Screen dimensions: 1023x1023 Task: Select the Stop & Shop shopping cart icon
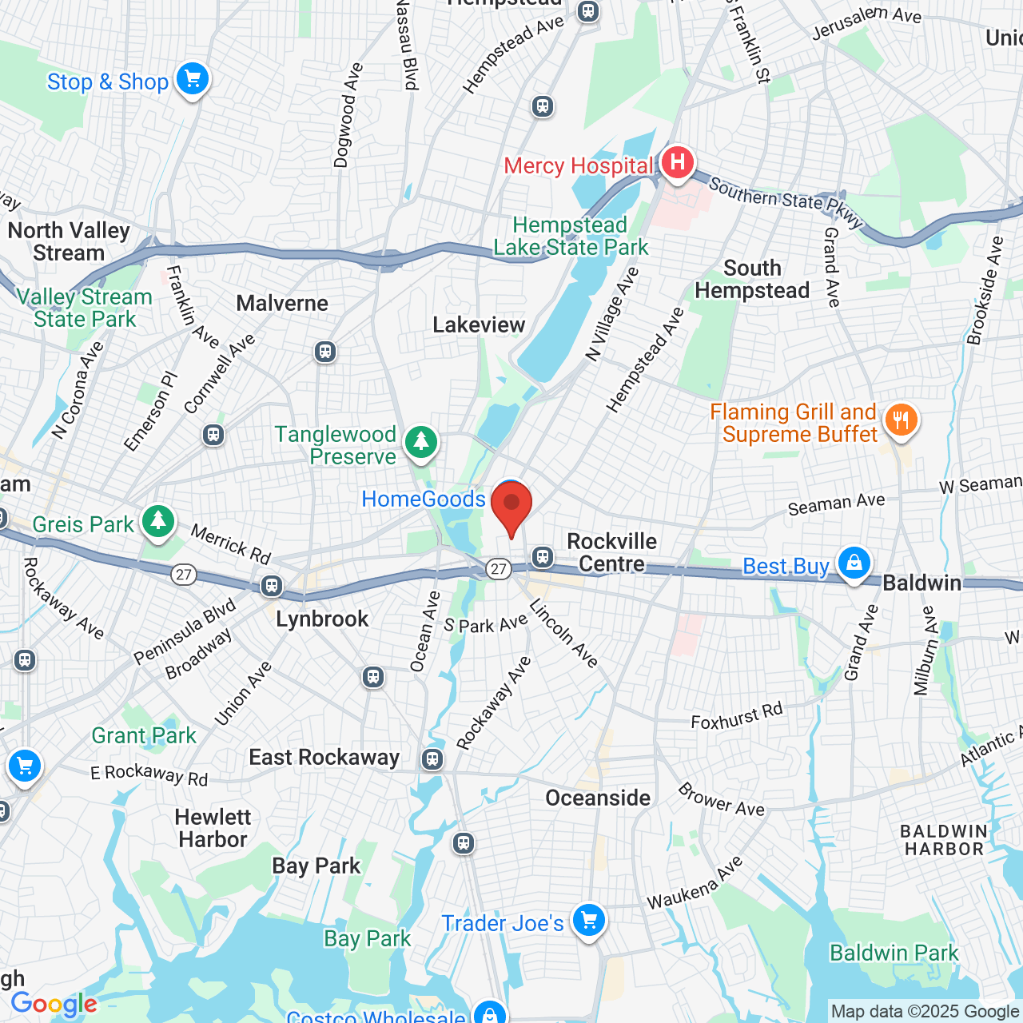192,80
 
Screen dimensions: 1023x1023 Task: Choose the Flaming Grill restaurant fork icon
901,420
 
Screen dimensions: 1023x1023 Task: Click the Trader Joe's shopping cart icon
589,921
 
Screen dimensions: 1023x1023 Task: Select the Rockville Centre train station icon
543,556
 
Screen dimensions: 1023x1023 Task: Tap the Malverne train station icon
325,352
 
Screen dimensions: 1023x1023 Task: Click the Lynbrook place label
322,619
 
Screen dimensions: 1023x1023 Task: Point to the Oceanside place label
598,798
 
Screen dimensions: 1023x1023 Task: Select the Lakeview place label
479,324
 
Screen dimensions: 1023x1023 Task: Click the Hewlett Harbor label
213,828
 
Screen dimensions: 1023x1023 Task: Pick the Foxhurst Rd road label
737,716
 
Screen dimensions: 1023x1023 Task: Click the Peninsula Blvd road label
185,631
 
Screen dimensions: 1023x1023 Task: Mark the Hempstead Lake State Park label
571,237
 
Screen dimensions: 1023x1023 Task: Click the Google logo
54,1004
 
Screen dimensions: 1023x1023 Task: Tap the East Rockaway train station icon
432,758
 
